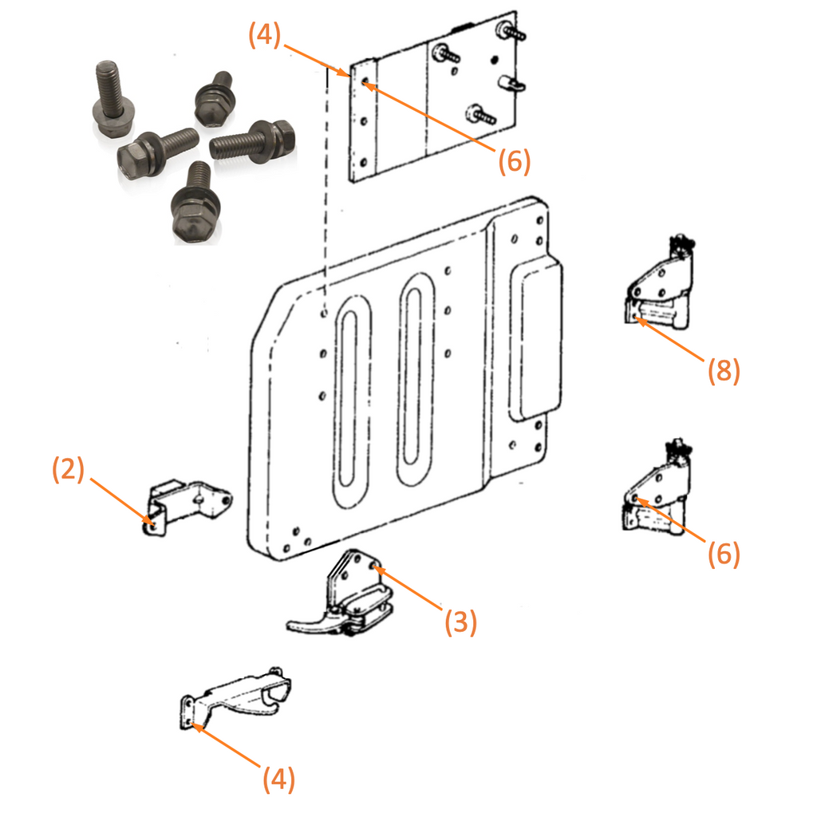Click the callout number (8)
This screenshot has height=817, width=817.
click(724, 370)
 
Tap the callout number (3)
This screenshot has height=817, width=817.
click(460, 622)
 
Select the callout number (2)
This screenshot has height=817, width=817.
click(68, 470)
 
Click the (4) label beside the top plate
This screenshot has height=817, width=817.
click(264, 37)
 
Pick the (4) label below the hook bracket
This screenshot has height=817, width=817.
click(278, 780)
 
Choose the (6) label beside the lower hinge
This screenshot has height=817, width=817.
click(724, 553)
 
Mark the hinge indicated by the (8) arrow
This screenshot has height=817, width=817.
click(659, 291)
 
